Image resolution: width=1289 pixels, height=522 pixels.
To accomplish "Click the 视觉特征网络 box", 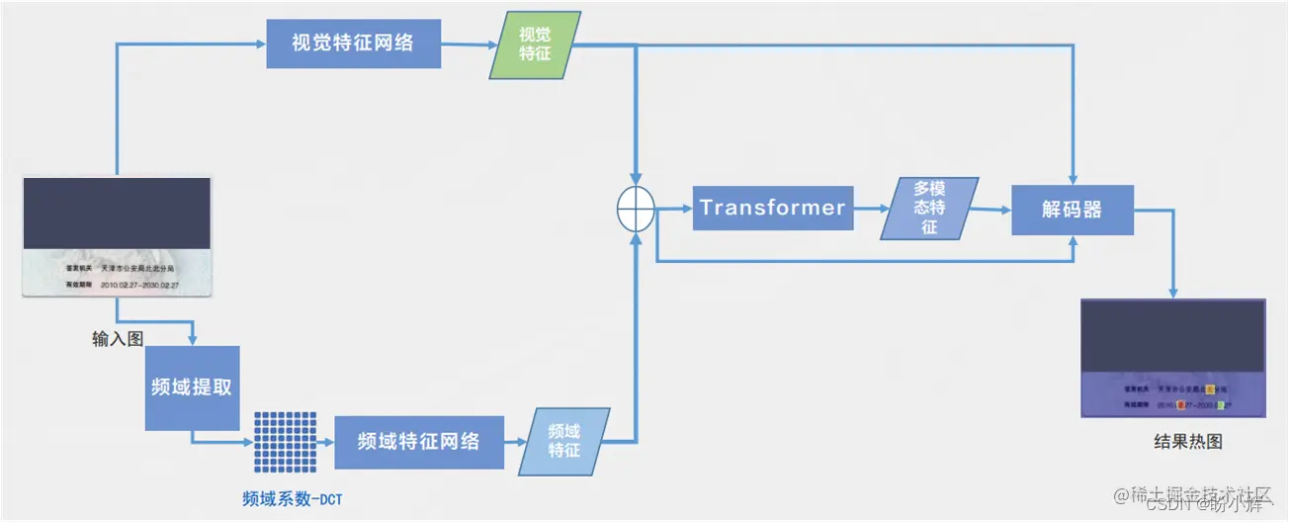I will (x=353, y=43).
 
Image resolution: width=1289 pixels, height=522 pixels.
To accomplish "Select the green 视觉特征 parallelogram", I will (x=535, y=44).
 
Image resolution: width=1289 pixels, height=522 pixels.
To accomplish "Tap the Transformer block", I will (x=772, y=208).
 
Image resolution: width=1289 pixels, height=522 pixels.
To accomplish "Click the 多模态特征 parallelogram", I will (x=929, y=208).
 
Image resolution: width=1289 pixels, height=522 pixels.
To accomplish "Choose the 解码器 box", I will (x=1072, y=209).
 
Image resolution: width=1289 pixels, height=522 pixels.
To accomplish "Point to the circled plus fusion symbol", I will (x=636, y=209).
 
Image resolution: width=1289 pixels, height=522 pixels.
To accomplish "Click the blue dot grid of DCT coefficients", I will (x=285, y=442).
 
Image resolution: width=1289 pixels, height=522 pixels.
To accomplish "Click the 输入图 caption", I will (x=118, y=339).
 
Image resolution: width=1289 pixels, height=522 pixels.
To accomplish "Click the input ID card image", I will (x=118, y=237).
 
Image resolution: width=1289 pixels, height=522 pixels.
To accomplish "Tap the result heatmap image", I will (x=1172, y=358).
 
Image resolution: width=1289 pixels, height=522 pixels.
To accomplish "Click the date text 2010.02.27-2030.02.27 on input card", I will (x=139, y=285).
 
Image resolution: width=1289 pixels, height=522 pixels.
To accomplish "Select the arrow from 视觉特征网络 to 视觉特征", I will (x=469, y=44).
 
